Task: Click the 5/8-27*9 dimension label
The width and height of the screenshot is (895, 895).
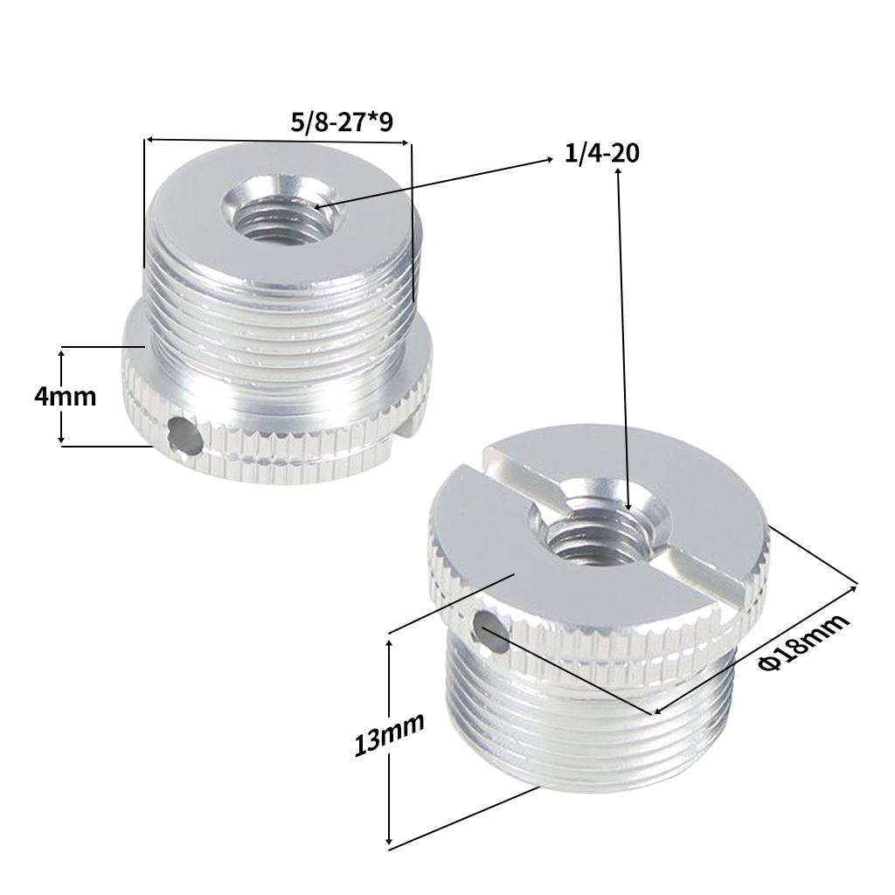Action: point(342,121)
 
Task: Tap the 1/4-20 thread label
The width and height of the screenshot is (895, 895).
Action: point(602,154)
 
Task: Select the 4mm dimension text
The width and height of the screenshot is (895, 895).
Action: point(65,396)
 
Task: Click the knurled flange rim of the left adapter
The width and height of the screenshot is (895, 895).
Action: point(288,445)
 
